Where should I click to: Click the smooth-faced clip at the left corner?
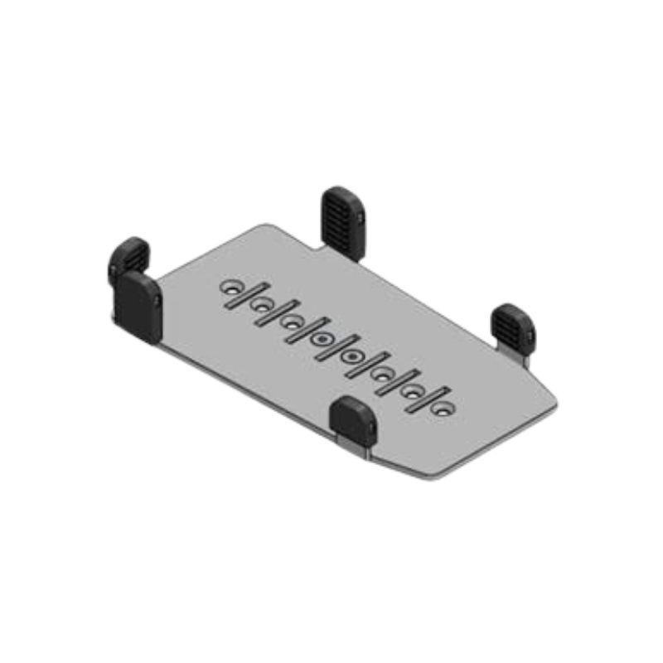tap(138, 304)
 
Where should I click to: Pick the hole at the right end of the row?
tap(442, 409)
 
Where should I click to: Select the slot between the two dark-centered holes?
tap(336, 348)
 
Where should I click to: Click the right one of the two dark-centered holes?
tap(351, 357)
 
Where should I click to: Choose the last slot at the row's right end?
tap(427, 400)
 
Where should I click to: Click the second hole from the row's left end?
tap(261, 306)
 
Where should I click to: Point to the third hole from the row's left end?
tap(291, 322)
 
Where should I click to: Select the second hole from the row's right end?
tap(412, 392)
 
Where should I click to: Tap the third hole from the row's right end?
tap(382, 375)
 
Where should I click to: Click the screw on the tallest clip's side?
tap(364, 218)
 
